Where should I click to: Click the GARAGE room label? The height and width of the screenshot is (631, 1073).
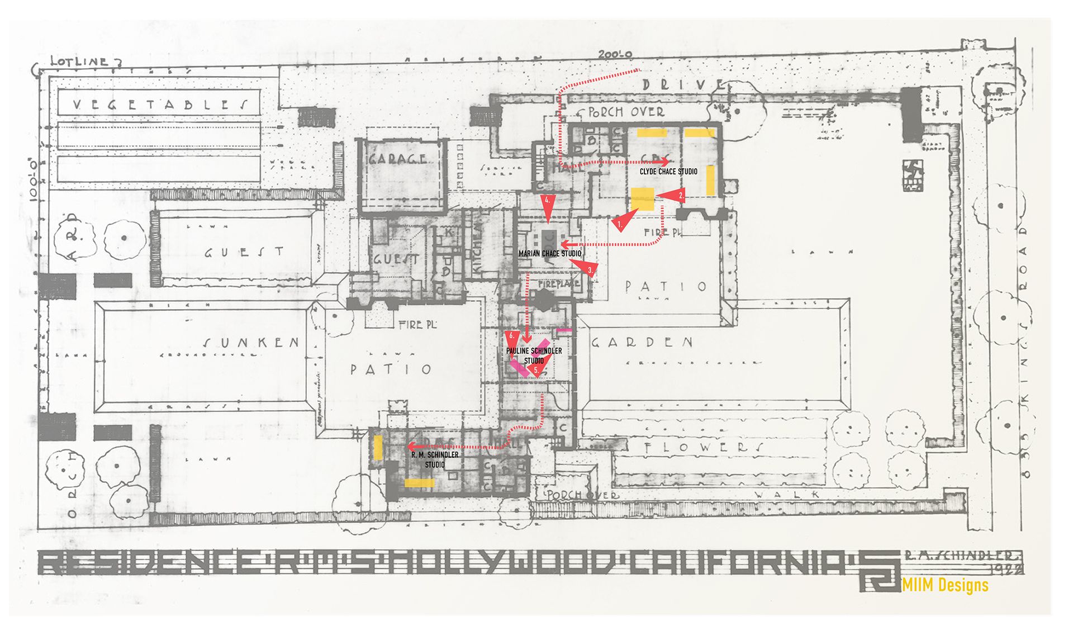pyautogui.click(x=397, y=159)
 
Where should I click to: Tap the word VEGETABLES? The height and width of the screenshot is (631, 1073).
pyautogui.click(x=160, y=104)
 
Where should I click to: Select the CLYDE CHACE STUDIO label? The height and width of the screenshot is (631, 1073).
pyautogui.click(x=668, y=172)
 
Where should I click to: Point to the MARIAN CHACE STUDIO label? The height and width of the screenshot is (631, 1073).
pyautogui.click(x=550, y=254)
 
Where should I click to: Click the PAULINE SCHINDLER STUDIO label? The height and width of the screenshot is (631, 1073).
pyautogui.click(x=534, y=355)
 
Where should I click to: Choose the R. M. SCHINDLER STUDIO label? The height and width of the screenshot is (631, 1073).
pyautogui.click(x=435, y=459)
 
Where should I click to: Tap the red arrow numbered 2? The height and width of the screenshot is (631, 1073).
pyautogui.click(x=671, y=195)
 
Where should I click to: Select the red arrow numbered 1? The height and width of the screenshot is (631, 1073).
pyautogui.click(x=622, y=221)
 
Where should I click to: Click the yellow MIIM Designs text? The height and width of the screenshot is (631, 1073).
pyautogui.click(x=945, y=585)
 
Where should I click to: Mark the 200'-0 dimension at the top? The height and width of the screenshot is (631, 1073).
pyautogui.click(x=615, y=55)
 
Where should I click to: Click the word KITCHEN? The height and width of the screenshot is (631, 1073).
pyautogui.click(x=478, y=246)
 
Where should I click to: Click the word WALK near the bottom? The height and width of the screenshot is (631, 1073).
pyautogui.click(x=787, y=494)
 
